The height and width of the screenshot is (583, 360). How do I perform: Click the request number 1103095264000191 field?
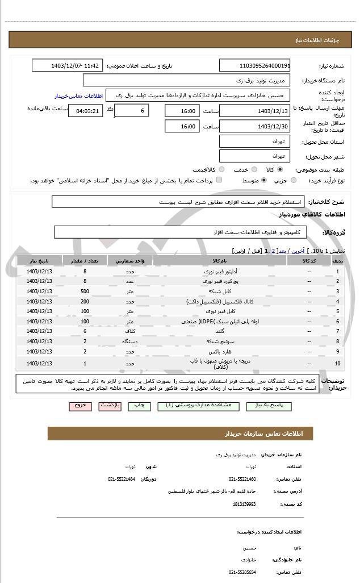(x=255, y=65)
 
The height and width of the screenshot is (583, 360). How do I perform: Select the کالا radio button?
(x=280, y=169)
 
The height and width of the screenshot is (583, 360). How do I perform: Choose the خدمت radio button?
(x=254, y=169)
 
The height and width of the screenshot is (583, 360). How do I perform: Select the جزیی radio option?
(x=294, y=181)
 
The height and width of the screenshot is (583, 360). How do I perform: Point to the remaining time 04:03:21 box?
(x=86, y=111)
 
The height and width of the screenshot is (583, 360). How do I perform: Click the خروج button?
(x=79, y=406)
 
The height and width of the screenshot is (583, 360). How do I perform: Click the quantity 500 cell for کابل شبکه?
(x=85, y=291)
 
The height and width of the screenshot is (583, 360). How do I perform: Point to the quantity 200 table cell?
(x=85, y=301)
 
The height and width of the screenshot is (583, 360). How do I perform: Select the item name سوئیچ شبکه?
(x=219, y=341)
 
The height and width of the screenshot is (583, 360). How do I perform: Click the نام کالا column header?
(x=219, y=261)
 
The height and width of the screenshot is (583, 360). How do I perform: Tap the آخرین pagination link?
(x=298, y=251)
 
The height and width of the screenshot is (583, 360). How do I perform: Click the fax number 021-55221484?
(x=122, y=479)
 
